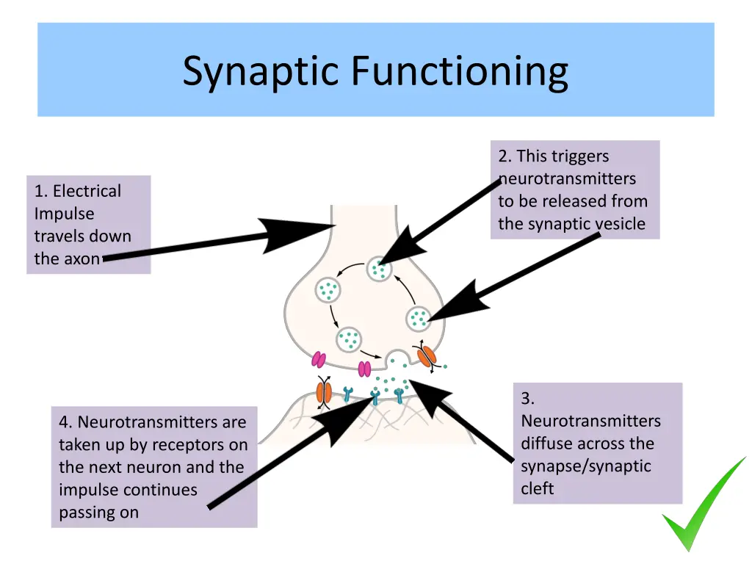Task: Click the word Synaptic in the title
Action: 262,72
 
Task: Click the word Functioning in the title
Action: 459,72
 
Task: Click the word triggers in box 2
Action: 580,156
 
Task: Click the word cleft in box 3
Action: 538,488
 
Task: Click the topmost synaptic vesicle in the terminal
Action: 379,269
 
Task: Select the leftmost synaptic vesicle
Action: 328,289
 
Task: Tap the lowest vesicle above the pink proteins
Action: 349,339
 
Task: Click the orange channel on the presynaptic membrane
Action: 426,355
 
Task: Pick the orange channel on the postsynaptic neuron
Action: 324,391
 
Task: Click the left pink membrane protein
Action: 319,359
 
